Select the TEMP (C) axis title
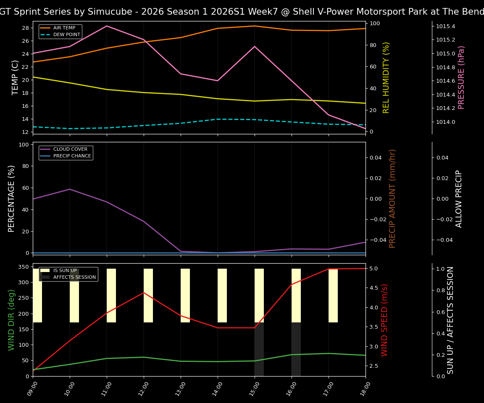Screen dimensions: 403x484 click(15, 78)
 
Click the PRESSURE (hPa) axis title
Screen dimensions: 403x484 click(461, 78)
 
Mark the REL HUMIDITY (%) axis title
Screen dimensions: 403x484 click(386, 78)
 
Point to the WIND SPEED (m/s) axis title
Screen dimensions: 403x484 click(385, 320)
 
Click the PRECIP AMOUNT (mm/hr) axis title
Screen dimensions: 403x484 click(392, 199)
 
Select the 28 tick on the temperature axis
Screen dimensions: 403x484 click(25, 28)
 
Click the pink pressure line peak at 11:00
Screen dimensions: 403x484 click(107, 26)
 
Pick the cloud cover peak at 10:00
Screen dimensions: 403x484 click(70, 189)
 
